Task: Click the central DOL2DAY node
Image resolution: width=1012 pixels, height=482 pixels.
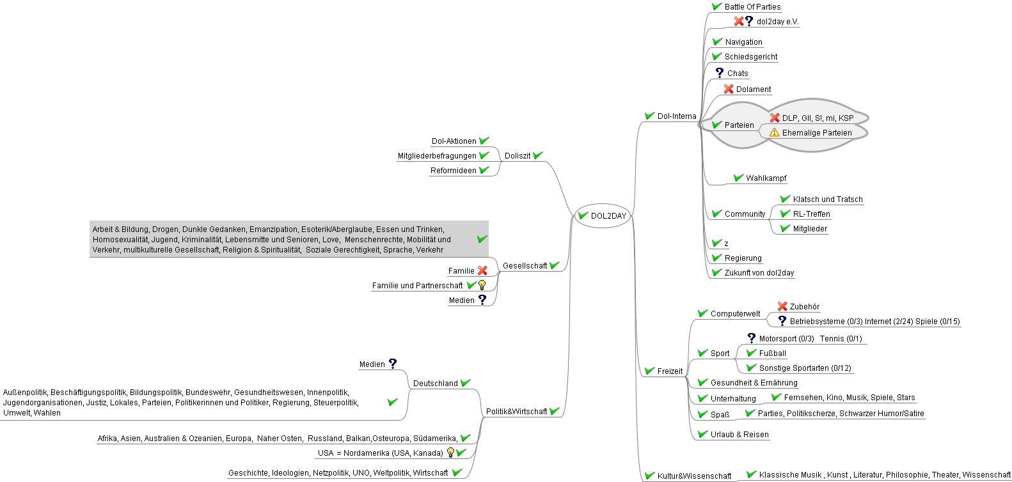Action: (608, 216)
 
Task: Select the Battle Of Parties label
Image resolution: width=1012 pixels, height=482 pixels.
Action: (752, 7)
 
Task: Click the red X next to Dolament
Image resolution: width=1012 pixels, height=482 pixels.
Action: (729, 89)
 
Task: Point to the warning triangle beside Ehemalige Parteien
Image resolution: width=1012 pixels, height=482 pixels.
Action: (774, 133)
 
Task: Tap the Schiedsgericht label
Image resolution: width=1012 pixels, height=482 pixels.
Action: (751, 57)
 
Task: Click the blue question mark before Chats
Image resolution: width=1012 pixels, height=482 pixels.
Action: (719, 73)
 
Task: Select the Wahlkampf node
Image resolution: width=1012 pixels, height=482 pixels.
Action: (766, 178)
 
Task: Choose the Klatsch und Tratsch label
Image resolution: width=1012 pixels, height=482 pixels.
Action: (827, 199)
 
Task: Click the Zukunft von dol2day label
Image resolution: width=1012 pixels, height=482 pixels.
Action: (759, 273)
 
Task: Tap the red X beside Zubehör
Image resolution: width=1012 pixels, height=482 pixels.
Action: (782, 307)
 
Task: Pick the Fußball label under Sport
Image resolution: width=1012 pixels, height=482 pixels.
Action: (772, 354)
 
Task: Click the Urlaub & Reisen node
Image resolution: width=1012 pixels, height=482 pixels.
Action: (739, 435)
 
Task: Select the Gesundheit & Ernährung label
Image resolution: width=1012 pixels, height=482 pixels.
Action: (754, 383)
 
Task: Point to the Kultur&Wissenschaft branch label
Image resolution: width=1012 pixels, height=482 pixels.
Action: (694, 476)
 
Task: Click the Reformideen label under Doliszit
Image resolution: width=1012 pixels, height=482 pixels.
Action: (453, 171)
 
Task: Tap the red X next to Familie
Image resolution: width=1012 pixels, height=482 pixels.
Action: (482, 271)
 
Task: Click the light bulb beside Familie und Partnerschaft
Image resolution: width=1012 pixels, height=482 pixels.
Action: (482, 286)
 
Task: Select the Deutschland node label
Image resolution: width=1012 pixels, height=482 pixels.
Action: (435, 384)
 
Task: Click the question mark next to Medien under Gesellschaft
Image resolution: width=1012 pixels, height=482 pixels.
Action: (482, 300)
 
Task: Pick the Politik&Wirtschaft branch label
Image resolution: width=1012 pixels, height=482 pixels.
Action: (516, 412)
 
